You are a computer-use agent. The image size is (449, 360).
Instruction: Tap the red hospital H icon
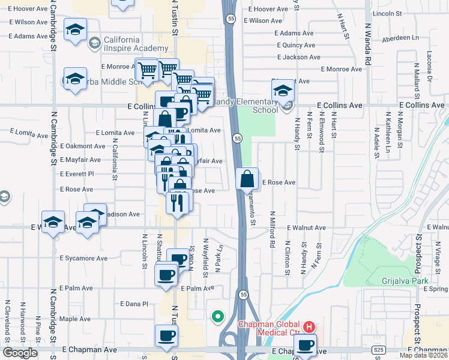(309, 327)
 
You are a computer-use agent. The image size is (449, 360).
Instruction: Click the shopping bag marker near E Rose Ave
(247, 179)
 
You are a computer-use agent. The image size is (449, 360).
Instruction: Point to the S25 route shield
(378, 349)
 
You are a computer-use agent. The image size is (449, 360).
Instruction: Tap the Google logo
(20, 353)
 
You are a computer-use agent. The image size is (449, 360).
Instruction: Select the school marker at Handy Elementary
(283, 91)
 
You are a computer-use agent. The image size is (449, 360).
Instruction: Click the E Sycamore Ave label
(83, 259)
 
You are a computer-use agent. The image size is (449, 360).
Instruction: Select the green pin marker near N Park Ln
(217, 316)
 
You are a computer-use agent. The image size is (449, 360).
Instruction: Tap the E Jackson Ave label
(298, 57)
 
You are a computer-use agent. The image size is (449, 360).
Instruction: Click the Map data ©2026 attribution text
(423, 355)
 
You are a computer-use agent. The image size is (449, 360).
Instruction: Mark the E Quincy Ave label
(296, 45)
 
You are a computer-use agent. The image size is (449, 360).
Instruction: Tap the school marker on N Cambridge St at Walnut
(53, 221)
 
